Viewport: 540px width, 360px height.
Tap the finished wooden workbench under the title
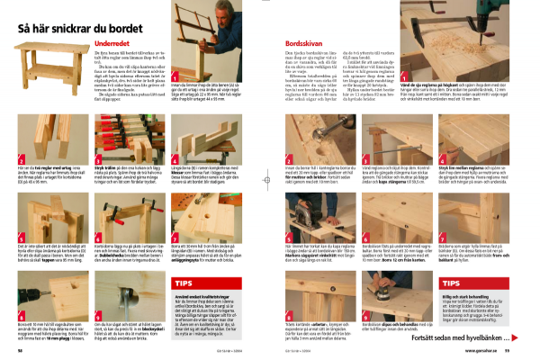click(x=55, y=67)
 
